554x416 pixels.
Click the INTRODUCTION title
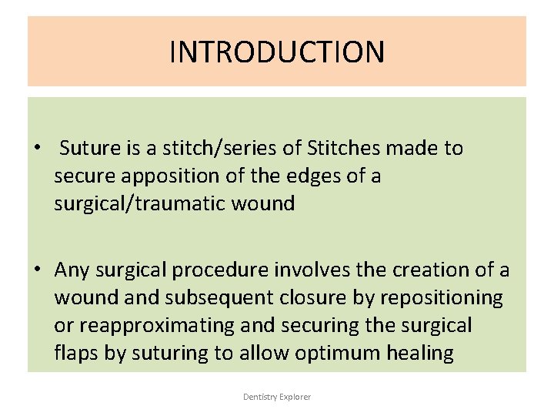277,52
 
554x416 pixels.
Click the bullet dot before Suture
37,149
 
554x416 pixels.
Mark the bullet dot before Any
37,270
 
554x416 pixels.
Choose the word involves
308,270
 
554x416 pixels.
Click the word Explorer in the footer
295,397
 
